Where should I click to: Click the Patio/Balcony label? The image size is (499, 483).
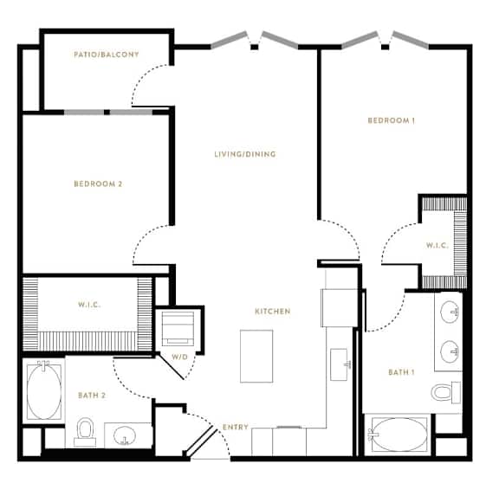(107, 55)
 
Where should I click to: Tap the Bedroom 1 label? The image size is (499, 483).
(391, 120)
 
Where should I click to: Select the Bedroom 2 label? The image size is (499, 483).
(98, 184)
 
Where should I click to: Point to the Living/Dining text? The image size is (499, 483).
(245, 154)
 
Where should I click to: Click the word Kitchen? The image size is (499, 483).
(273, 312)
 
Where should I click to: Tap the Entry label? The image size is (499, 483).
(236, 427)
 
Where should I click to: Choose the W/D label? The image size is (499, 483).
(180, 357)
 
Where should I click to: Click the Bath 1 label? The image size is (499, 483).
(401, 372)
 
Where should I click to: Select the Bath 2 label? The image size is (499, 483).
(92, 396)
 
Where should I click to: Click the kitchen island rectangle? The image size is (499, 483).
(256, 356)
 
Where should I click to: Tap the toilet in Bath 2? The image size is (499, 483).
(85, 432)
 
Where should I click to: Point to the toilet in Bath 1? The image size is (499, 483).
(445, 392)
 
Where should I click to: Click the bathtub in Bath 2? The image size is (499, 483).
(44, 392)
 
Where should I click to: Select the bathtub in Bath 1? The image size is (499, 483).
(399, 435)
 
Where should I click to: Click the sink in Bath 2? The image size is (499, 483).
(125, 435)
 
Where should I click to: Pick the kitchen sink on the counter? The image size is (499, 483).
(340, 364)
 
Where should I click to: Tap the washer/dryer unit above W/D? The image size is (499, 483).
(178, 328)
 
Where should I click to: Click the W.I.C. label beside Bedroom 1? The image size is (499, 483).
(437, 246)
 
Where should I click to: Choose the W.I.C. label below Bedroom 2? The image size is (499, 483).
(89, 305)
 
